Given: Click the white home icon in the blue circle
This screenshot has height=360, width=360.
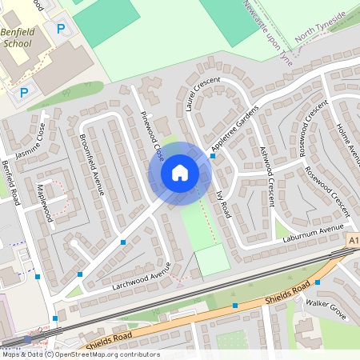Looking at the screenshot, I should (x=180, y=172).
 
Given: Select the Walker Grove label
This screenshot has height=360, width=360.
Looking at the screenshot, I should (x=325, y=309).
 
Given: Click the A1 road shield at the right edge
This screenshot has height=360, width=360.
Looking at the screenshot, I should (x=354, y=239).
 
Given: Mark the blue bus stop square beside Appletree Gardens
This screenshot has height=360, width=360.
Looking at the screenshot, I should (x=213, y=156).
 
